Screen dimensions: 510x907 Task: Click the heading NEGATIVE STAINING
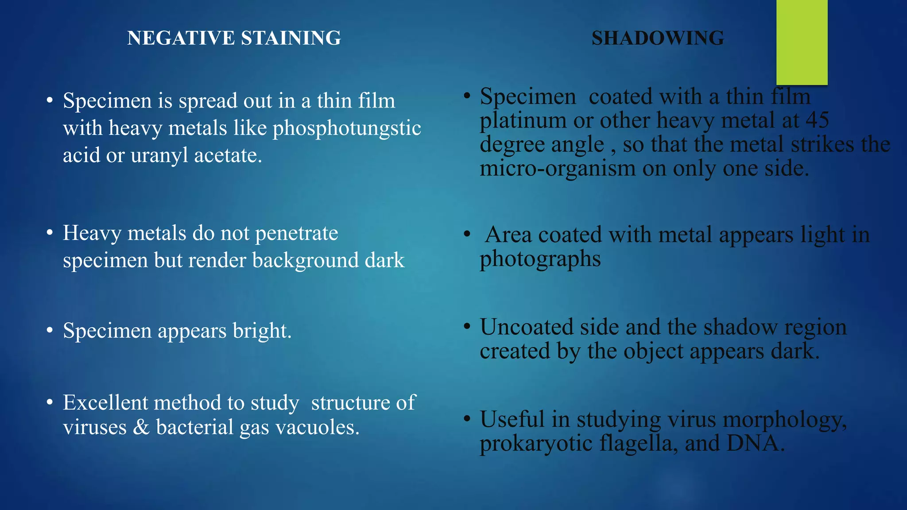[x=234, y=38]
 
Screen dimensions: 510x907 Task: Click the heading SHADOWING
[x=658, y=38]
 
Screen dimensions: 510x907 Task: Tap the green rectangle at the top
[x=802, y=42]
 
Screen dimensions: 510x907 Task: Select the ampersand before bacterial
[x=141, y=428]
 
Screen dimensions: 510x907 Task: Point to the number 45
[x=817, y=120]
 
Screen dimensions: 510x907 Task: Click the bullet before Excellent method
[x=50, y=403]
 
